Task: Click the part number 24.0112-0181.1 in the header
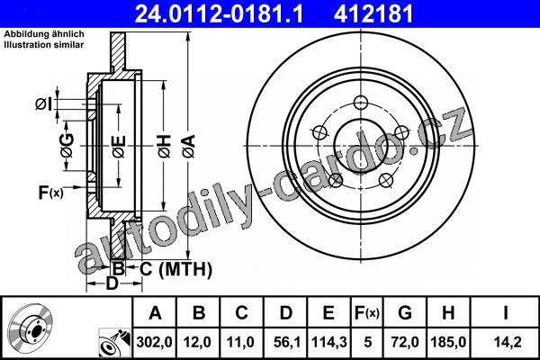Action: point(219,13)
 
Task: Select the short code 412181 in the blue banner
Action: point(373,13)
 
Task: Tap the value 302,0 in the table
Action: point(154,342)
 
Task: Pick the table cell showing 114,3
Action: point(328,342)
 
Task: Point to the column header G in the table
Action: point(405,313)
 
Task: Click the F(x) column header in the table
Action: point(367,313)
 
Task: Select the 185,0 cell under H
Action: point(448,342)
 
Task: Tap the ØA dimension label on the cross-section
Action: point(189,147)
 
